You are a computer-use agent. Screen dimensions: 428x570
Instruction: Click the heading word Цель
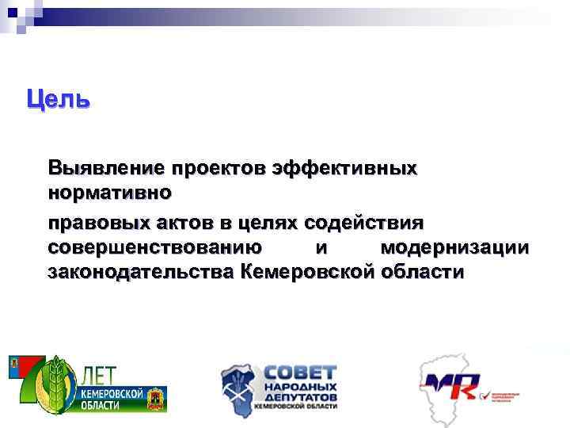[59, 100]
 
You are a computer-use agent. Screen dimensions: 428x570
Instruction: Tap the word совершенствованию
[150, 247]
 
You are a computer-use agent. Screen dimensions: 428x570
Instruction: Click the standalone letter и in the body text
[321, 247]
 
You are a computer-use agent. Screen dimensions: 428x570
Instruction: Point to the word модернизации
[454, 247]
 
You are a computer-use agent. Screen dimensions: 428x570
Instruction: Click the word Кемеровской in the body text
[306, 273]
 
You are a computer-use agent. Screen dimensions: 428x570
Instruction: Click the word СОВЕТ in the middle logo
[299, 372]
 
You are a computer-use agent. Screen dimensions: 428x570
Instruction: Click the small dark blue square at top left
[11, 13]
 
